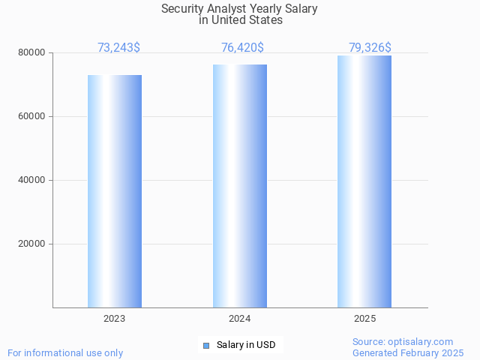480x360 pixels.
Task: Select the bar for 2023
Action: point(115,191)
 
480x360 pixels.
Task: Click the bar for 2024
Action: point(240,186)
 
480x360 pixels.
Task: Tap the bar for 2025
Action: point(364,181)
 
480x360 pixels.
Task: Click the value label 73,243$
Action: point(118,48)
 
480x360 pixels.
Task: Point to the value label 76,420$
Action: point(242,48)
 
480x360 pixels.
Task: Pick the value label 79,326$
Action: point(370,48)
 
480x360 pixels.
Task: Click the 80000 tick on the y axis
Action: point(32,53)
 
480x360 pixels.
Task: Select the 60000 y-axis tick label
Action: point(32,117)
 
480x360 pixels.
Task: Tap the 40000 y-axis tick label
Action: point(32,181)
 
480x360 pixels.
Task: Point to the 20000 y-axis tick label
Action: point(32,244)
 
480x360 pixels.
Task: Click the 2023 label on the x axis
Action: point(115,319)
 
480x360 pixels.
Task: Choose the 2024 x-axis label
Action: point(240,319)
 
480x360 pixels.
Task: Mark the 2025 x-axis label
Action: point(364,319)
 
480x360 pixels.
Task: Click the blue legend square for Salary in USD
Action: point(207,345)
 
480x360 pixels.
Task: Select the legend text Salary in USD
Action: point(246,345)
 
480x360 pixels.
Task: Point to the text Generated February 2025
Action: point(408,352)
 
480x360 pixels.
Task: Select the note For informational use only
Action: point(65,352)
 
